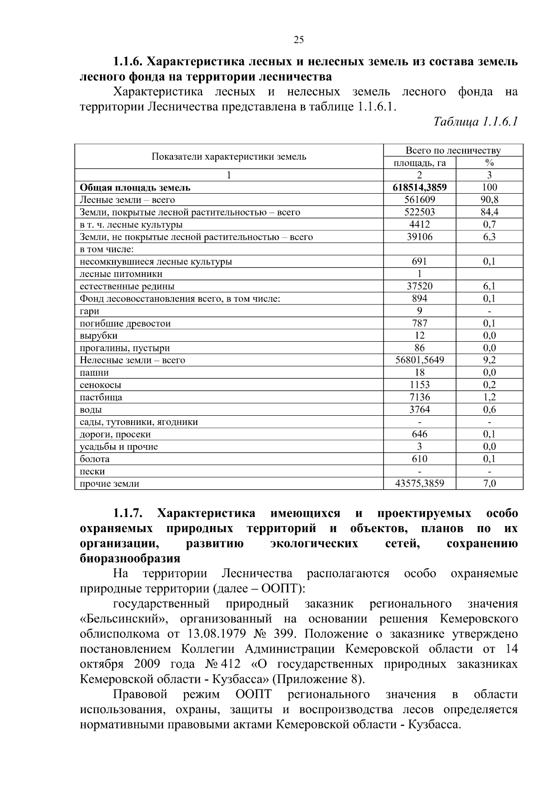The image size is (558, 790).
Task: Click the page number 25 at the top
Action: click(299, 40)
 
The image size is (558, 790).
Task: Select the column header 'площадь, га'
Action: click(419, 163)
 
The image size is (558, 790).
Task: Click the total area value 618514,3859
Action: click(419, 188)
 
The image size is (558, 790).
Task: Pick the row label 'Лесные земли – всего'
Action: click(127, 200)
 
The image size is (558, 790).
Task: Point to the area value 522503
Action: click(419, 212)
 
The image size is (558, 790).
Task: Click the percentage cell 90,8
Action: click(489, 200)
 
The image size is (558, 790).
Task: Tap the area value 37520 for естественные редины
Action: click(419, 286)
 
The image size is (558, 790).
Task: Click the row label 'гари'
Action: click(89, 311)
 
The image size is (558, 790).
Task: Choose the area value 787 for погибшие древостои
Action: click(419, 323)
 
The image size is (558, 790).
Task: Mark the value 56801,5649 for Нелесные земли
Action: click(419, 360)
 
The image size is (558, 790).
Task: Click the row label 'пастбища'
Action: click(101, 397)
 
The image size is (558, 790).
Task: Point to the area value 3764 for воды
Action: click(419, 410)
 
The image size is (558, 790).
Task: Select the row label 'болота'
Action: click(95, 459)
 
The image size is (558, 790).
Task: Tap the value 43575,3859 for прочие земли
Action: click(419, 484)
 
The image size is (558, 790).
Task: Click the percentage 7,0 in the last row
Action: click(489, 484)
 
